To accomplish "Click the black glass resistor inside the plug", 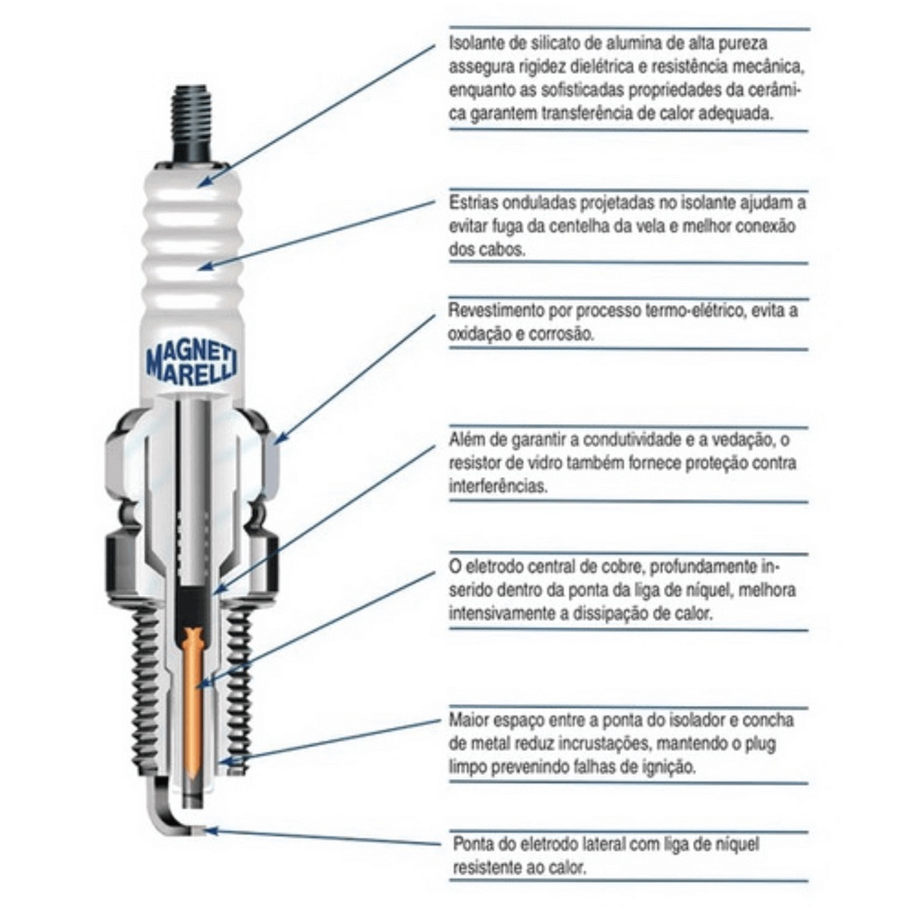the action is pos(193,607).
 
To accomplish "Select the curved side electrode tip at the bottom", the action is pos(175,814).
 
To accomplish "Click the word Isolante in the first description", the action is pos(474,44).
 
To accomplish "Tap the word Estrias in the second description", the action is pos(473,203).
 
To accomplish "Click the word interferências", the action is pos(499,486).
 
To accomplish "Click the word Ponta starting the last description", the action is pos(473,844).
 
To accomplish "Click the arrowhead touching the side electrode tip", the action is pos(211,830).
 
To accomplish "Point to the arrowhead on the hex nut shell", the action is pos(280,438).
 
